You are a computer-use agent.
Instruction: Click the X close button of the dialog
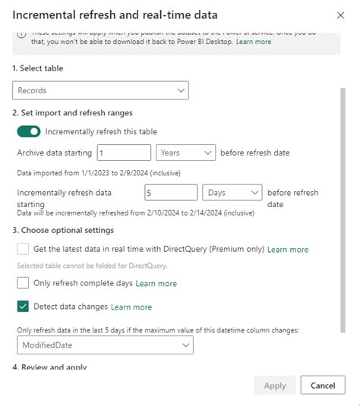[338, 15]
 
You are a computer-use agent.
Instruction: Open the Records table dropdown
[101, 91]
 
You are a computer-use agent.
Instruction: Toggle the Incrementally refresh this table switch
[29, 132]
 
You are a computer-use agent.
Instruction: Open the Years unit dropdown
[186, 153]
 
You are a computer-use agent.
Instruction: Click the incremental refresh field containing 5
[171, 193]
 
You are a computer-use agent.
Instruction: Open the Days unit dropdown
[234, 193]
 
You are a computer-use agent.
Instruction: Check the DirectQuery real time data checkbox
[23, 249]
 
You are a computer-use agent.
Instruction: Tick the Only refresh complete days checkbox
[23, 283]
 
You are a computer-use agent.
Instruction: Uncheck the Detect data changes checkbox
[23, 307]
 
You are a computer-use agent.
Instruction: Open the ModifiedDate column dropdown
[105, 345]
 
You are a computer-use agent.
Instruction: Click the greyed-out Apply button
[274, 386]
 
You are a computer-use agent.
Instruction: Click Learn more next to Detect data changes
[131, 307]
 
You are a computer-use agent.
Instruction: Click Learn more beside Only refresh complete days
[156, 284]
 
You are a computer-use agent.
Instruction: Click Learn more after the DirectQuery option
[288, 250]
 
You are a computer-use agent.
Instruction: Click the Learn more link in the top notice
[253, 42]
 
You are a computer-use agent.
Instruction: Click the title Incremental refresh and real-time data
[115, 15]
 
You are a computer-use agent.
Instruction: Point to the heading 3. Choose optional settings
[63, 230]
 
